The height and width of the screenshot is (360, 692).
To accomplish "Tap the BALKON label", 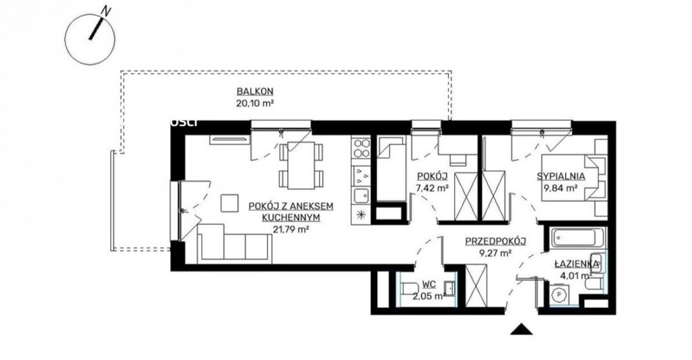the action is click(255, 92).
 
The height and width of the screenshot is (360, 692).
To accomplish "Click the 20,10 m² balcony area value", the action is click(255, 104).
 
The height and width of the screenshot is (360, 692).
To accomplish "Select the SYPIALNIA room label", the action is click(561, 176).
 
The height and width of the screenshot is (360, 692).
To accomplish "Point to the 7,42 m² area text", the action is click(432, 188).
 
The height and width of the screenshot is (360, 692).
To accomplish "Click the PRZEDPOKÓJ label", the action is click(495, 241).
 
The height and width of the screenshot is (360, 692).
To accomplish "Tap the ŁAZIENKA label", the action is click(577, 264).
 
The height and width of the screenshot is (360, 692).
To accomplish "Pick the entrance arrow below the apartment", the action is click(521, 329).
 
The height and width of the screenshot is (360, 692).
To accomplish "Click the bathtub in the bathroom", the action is click(576, 238).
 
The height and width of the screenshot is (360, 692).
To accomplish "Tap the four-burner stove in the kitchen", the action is click(362, 147).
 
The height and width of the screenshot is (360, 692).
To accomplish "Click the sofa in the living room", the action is click(234, 244).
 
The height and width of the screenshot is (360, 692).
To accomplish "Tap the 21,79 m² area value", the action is click(291, 230).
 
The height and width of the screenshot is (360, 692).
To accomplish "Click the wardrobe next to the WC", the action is click(476, 285).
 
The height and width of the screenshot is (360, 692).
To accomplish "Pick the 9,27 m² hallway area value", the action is click(495, 253).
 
